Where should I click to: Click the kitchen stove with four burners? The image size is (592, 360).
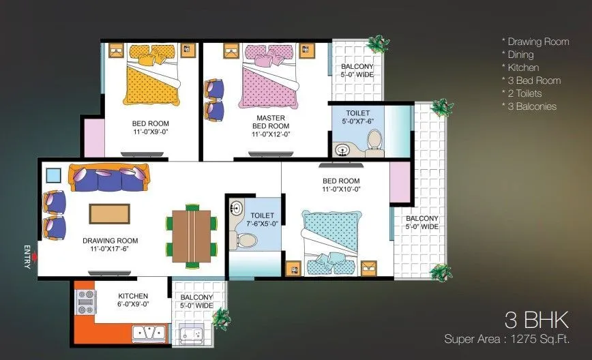click(x=86, y=302)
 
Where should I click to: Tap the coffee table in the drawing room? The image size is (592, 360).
click(x=109, y=213)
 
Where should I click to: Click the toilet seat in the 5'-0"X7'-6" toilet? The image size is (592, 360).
click(x=373, y=141)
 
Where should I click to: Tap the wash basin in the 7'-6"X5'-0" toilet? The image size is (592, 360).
click(x=236, y=208)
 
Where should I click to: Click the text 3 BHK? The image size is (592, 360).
click(x=537, y=320)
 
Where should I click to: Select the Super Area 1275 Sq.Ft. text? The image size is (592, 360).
click(x=506, y=338)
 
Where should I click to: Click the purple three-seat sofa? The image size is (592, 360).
click(x=108, y=179)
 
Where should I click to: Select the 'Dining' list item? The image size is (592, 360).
click(x=520, y=55)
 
